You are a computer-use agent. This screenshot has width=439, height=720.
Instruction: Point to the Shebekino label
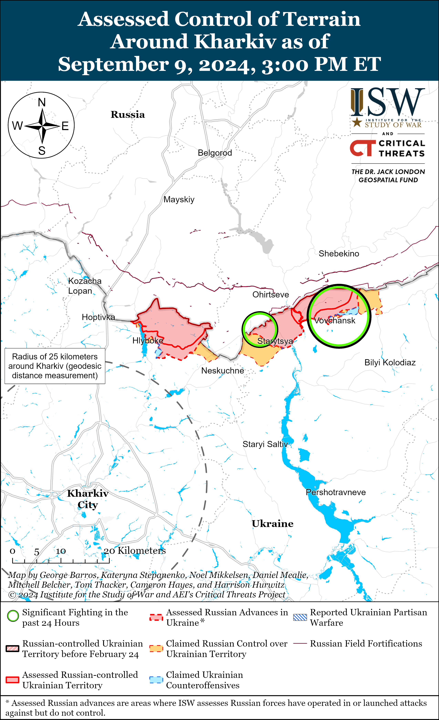tap(339, 254)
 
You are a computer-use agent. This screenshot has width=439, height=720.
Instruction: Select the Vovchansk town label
tap(335, 321)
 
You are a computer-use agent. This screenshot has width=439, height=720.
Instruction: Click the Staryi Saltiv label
tap(265, 444)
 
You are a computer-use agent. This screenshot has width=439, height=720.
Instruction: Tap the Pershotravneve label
tap(336, 492)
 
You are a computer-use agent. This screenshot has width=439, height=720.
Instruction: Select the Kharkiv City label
tap(88, 499)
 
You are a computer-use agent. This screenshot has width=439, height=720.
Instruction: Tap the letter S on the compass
tap(42, 151)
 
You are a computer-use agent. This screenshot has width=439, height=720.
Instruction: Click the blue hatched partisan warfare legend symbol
tap(300, 617)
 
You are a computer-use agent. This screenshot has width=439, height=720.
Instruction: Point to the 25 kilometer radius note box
tap(55, 366)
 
